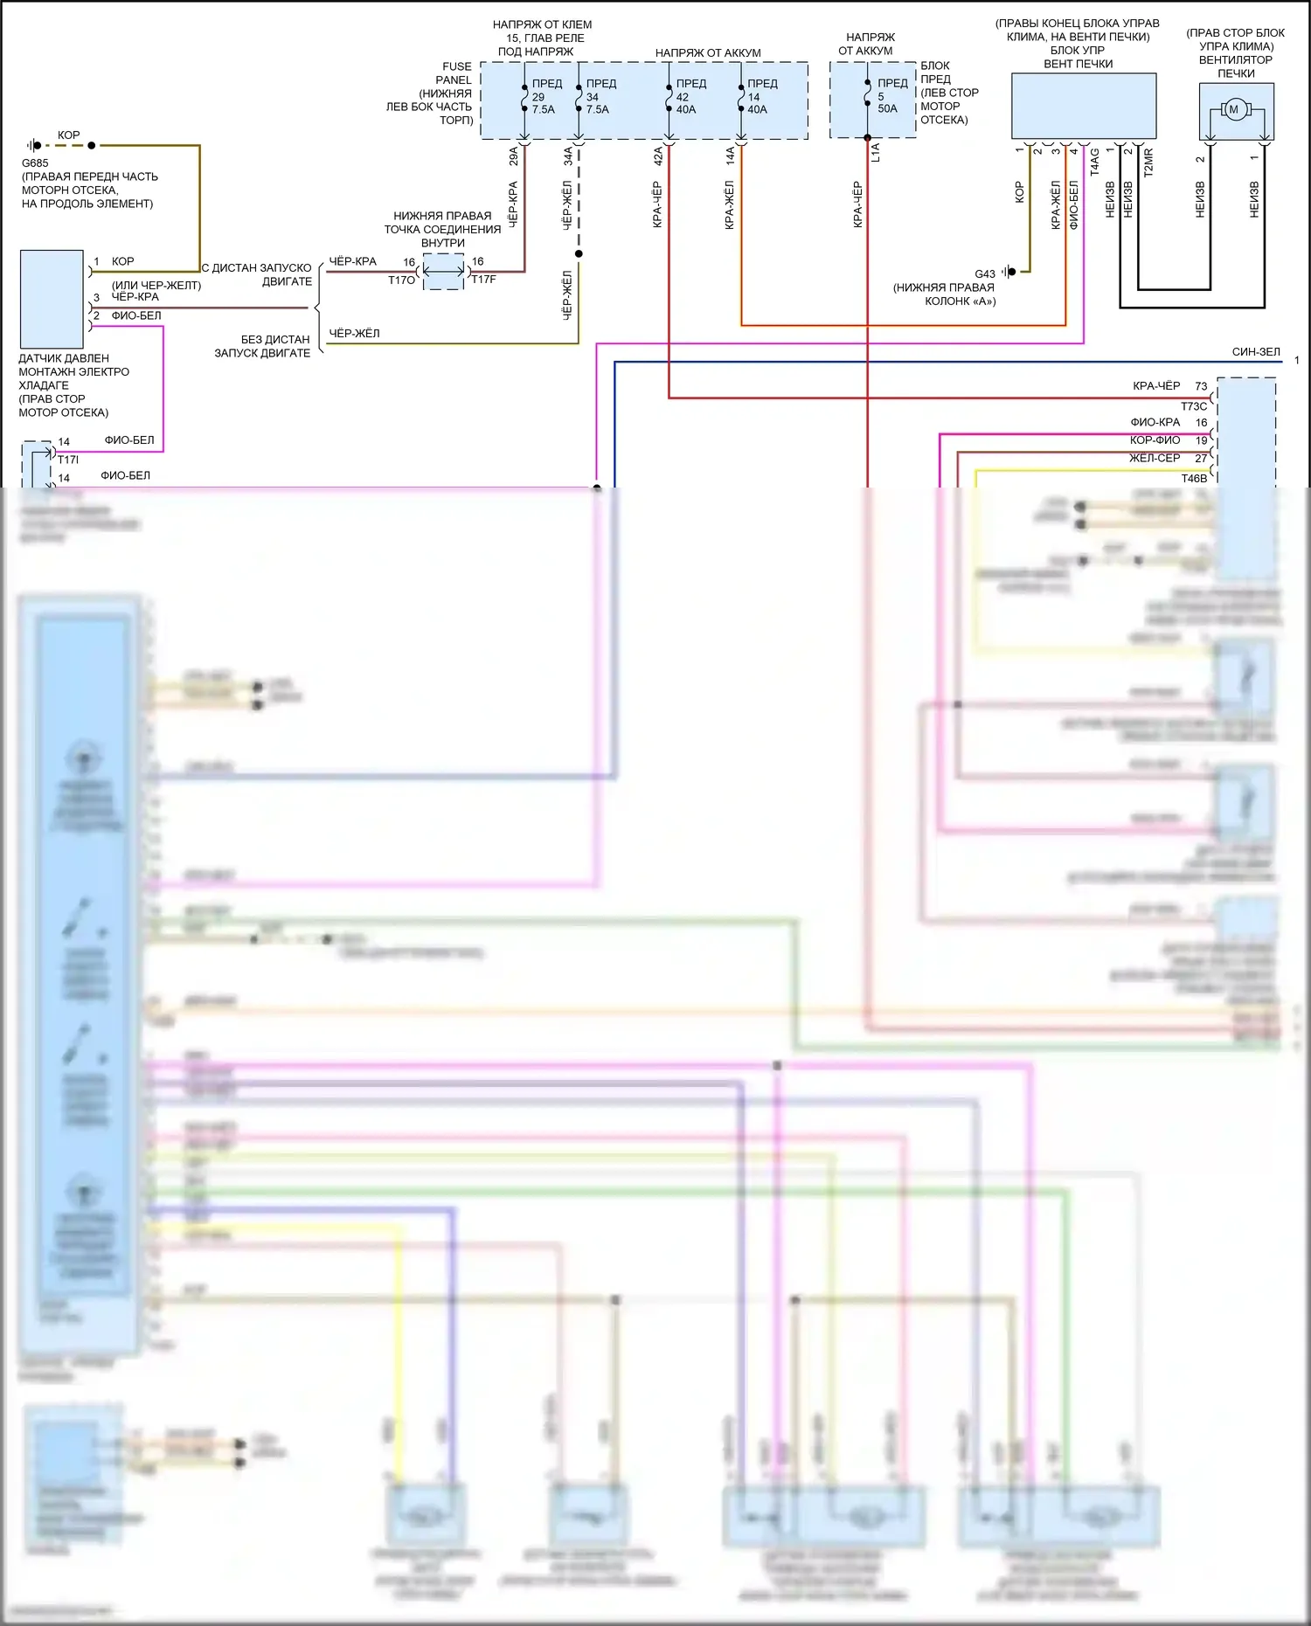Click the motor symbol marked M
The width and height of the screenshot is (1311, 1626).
click(1234, 109)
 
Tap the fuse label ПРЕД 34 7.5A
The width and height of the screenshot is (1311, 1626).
click(600, 97)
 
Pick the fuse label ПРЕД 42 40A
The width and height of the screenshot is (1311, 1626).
click(690, 97)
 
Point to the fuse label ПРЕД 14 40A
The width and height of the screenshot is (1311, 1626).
click(760, 97)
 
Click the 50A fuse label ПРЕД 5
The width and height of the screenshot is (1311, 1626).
click(891, 96)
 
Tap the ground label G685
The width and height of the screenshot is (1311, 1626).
click(35, 163)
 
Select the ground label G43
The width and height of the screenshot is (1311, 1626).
click(985, 274)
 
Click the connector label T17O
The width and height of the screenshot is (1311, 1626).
click(401, 280)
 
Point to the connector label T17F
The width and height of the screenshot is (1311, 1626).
click(483, 280)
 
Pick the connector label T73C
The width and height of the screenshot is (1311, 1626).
click(1194, 406)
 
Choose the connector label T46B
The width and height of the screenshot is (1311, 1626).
click(1194, 478)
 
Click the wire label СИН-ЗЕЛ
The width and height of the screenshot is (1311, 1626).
click(1256, 352)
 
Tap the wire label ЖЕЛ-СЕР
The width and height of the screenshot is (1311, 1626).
click(1155, 458)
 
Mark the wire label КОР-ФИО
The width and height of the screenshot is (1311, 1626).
click(1155, 440)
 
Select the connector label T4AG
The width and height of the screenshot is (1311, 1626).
click(1094, 162)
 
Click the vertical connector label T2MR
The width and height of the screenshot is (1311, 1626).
click(1148, 163)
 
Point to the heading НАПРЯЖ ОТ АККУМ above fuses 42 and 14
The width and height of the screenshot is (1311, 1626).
click(708, 53)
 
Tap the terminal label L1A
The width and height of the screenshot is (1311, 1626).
click(876, 153)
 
